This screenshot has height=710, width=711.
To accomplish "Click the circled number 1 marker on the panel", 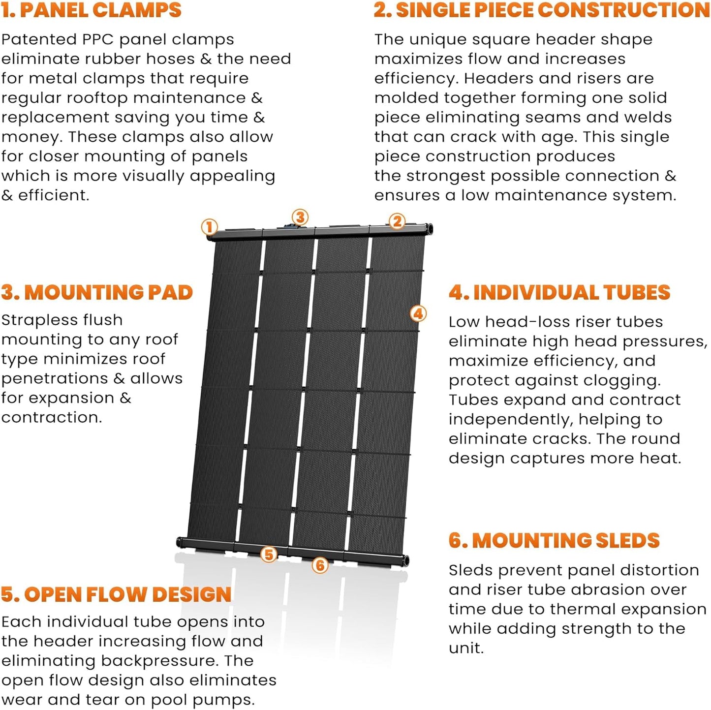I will click(210, 227).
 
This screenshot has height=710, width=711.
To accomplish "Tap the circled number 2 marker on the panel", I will click(397, 221).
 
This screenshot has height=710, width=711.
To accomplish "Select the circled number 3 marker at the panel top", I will click(300, 217).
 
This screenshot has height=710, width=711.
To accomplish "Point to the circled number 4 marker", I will click(418, 313).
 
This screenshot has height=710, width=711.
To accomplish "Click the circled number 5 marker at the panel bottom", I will click(269, 555).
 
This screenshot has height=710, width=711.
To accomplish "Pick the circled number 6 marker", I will click(320, 565).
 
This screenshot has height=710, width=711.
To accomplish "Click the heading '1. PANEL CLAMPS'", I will click(91, 10).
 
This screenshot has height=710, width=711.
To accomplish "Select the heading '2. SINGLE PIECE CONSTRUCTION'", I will click(541, 10).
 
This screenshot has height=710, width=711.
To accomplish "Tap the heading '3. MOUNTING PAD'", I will click(96, 292).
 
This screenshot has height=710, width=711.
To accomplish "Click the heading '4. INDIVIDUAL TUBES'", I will click(559, 292).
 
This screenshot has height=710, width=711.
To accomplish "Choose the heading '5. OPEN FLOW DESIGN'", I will click(116, 594).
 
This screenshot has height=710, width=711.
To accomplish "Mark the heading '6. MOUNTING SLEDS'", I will click(554, 540).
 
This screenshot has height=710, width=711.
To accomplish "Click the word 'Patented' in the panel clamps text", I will click(32, 39).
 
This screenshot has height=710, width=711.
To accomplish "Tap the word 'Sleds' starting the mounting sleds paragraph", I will click(470, 570).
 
